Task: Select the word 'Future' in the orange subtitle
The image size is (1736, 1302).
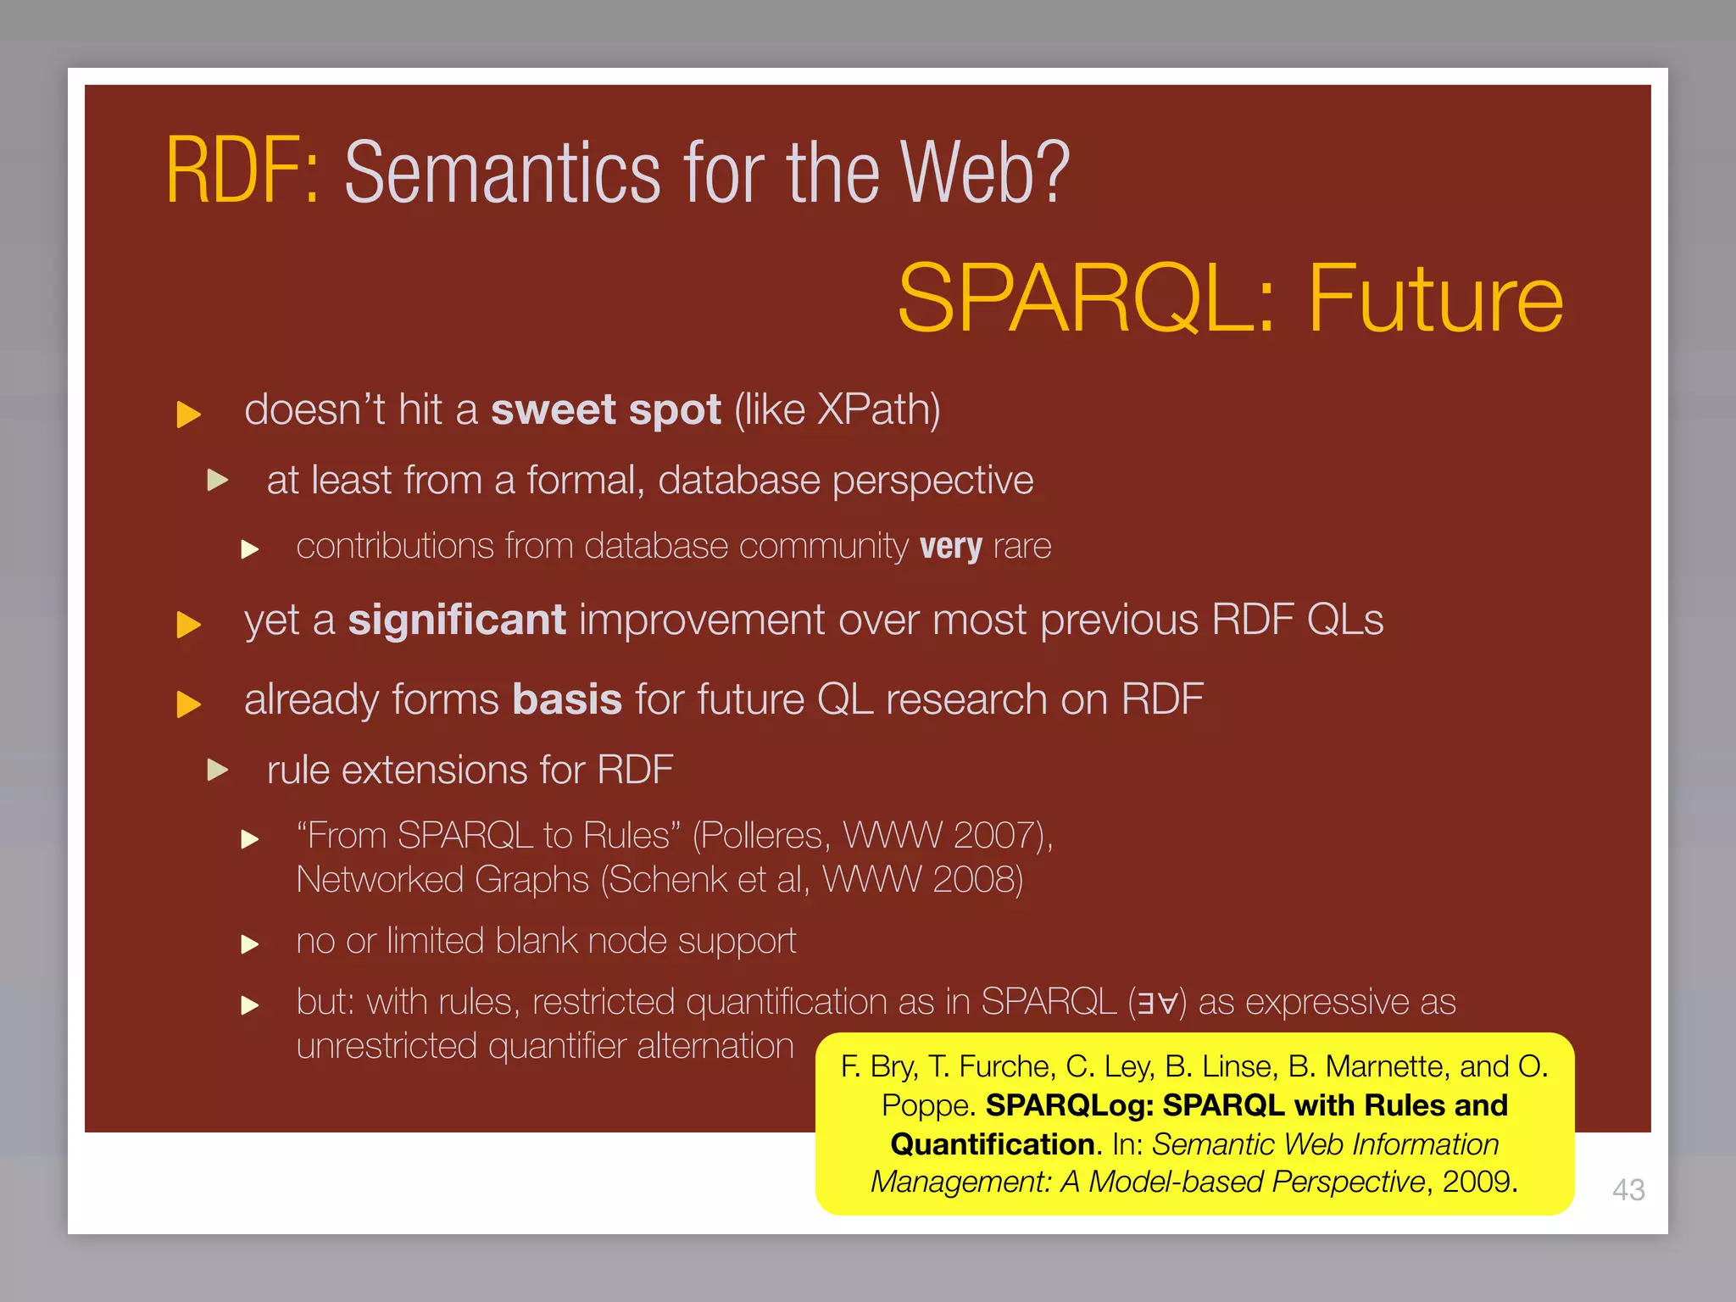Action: (x=1435, y=299)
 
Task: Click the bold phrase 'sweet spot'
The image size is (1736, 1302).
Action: (x=605, y=410)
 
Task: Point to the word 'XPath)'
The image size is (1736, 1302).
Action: (x=878, y=410)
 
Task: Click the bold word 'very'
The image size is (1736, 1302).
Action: (x=950, y=547)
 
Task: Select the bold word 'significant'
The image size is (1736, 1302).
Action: (x=457, y=620)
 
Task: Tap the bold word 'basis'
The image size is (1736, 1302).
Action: (x=567, y=700)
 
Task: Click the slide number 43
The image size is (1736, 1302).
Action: (x=1628, y=1189)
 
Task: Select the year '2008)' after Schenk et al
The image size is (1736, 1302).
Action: (x=977, y=880)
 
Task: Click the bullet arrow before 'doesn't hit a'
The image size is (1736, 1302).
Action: (x=188, y=415)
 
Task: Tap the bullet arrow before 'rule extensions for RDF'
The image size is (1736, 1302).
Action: (x=218, y=770)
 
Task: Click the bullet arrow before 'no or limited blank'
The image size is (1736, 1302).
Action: (x=249, y=943)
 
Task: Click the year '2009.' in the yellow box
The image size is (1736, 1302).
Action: (x=1479, y=1182)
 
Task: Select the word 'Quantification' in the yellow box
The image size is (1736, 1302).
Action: (x=992, y=1144)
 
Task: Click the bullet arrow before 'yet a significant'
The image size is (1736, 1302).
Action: (x=188, y=625)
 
